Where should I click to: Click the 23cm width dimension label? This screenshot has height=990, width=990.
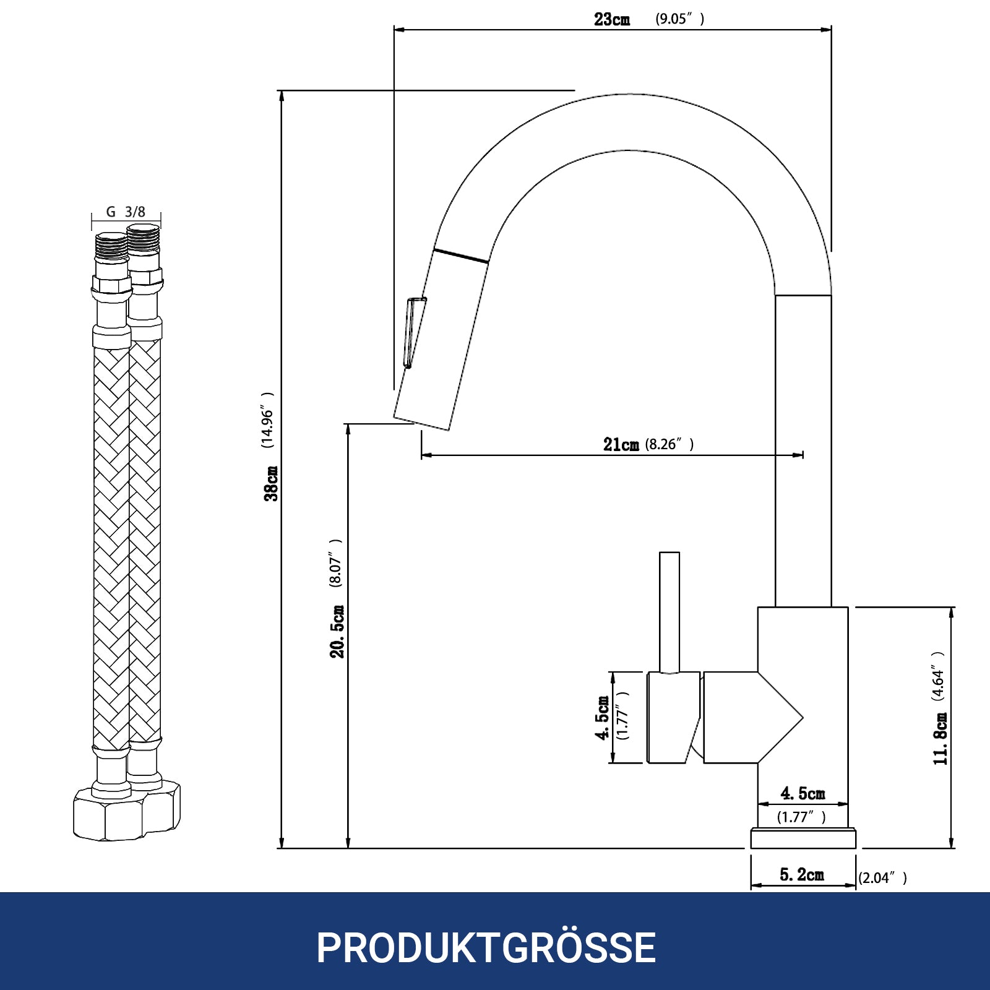(612, 19)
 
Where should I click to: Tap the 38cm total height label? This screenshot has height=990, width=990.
(271, 483)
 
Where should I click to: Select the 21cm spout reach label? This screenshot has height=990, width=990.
(621, 444)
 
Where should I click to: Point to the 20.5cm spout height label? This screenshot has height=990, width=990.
(337, 631)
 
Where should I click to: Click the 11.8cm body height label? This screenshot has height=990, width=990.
(940, 739)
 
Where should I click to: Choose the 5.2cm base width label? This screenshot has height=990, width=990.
(802, 875)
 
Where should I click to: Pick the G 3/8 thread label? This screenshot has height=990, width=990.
(126, 212)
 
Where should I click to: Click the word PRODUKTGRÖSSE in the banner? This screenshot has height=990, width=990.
(486, 947)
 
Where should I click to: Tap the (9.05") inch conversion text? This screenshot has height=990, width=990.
(680, 19)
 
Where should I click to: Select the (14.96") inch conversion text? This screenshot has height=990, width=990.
(267, 420)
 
